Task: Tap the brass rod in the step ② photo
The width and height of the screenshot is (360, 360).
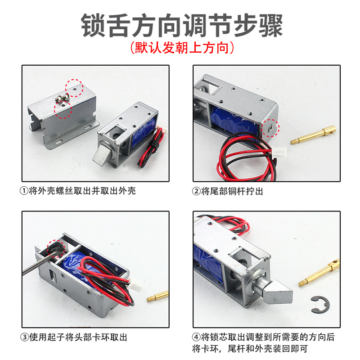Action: (x=315, y=135)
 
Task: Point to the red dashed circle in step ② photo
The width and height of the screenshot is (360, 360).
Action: (x=270, y=127)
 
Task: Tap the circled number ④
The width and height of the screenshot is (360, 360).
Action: (x=197, y=337)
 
